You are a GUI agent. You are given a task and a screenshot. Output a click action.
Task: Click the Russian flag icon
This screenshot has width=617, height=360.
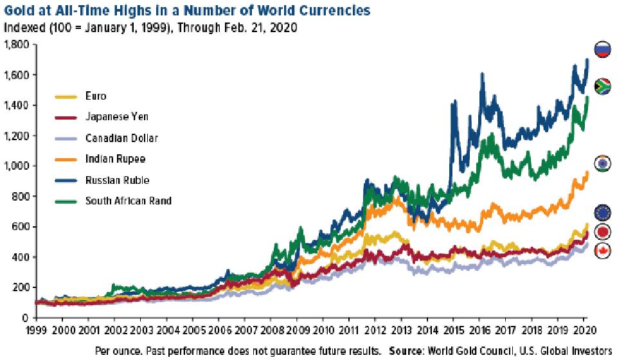coord(602,50)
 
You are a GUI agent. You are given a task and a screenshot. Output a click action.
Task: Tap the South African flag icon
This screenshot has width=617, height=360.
coord(602,86)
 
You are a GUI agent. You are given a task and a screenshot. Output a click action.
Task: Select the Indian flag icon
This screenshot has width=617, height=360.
coord(602,163)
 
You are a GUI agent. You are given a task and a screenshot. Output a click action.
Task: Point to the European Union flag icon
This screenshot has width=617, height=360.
coord(602,212)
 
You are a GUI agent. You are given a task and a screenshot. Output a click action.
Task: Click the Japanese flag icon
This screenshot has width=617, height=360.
coord(602,232)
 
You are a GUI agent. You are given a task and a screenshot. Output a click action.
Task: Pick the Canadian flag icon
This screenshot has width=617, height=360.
coord(602,251)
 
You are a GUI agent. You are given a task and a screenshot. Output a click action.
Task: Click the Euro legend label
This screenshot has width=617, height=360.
coord(96,96)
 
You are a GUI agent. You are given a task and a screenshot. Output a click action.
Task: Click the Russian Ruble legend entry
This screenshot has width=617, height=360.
coord(114,180)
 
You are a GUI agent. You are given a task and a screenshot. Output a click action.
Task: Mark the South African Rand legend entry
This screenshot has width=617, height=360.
coord(128,201)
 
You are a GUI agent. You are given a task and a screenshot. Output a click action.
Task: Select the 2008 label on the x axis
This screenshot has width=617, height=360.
coord(271,331)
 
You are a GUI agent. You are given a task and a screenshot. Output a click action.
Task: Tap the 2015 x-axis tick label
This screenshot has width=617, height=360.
coord(452,331)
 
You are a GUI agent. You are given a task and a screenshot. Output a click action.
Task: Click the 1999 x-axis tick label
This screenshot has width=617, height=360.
coord(36,331)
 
